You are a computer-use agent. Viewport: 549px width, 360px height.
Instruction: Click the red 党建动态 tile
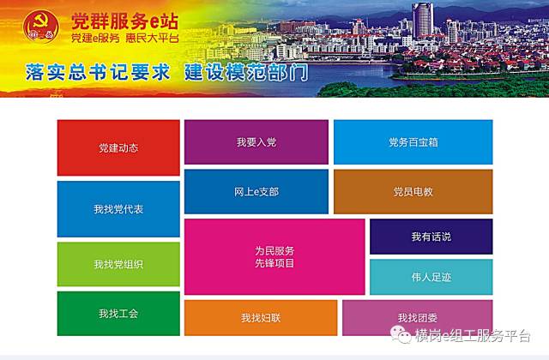(118, 147)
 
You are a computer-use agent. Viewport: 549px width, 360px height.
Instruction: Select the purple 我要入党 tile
(256, 142)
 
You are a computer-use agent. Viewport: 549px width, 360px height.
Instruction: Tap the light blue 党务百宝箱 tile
(413, 142)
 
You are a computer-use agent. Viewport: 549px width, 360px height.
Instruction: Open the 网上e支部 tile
(256, 192)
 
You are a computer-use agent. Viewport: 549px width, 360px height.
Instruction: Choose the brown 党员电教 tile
(413, 192)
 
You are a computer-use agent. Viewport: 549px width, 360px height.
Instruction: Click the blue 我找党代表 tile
(118, 209)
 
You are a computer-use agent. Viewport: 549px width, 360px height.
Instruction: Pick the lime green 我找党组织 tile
(118, 264)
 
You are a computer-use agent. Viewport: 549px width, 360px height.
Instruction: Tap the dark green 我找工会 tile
(118, 314)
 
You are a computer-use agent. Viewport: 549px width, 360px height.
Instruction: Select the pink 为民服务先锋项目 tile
(274, 257)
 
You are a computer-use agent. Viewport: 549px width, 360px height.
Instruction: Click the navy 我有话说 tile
(431, 237)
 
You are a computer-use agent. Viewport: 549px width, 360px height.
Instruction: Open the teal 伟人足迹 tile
(431, 277)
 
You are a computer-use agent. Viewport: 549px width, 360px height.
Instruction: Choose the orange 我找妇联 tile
(261, 318)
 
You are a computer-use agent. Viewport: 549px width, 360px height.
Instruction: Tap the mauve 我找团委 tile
(418, 318)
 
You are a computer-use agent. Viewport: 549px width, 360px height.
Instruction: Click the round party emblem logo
(41, 27)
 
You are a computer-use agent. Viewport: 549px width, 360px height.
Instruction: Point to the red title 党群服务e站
(125, 21)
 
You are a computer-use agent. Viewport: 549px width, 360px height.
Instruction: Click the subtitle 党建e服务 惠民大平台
(125, 38)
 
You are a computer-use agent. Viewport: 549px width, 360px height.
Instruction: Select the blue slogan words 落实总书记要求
(98, 72)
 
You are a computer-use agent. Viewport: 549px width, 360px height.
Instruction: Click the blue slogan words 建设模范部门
(246, 72)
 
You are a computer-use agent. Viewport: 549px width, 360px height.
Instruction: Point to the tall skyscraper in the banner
(423, 21)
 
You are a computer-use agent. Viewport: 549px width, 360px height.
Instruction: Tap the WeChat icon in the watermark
(401, 334)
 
